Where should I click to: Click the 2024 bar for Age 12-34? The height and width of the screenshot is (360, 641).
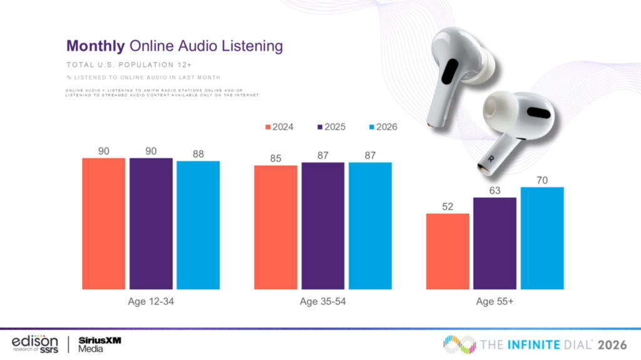(x=104, y=224)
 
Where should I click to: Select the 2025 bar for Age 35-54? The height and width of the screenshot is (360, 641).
(x=322, y=225)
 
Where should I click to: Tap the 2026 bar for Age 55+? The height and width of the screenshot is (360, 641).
(x=542, y=238)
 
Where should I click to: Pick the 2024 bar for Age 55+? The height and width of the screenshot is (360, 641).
(x=448, y=251)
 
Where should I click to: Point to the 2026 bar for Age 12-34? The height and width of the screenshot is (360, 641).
(x=198, y=225)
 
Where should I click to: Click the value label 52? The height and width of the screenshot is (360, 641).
(x=448, y=206)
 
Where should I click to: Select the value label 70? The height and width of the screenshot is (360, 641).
(x=542, y=180)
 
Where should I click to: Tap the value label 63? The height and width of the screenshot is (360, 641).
(x=495, y=190)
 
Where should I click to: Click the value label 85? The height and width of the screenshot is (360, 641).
(x=275, y=158)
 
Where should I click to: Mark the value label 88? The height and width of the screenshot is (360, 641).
(x=198, y=153)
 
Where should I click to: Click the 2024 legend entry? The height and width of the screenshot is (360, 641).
(x=279, y=126)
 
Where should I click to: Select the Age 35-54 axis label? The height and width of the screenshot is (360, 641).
(x=322, y=301)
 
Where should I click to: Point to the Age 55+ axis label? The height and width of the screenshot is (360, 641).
(x=495, y=301)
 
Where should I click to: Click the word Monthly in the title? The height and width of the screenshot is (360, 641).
(x=96, y=46)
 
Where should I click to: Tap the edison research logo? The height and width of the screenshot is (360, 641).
(x=35, y=343)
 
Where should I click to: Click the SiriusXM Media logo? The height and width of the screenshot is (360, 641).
(x=100, y=344)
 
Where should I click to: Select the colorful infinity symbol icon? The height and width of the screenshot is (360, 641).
(x=459, y=344)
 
